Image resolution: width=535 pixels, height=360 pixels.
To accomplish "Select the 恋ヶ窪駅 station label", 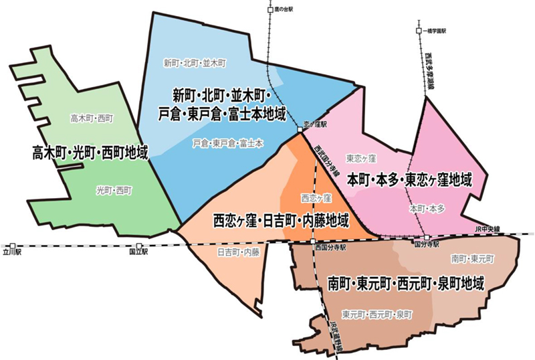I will pos(314,124).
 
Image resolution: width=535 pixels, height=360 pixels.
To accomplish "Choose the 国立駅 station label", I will pos(138,253).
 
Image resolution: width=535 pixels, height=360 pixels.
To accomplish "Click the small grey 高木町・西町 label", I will pos(92,118).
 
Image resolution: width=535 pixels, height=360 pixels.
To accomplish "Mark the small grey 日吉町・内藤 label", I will pos(238,252).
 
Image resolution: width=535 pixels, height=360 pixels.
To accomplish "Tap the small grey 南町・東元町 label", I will pos(472,258).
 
